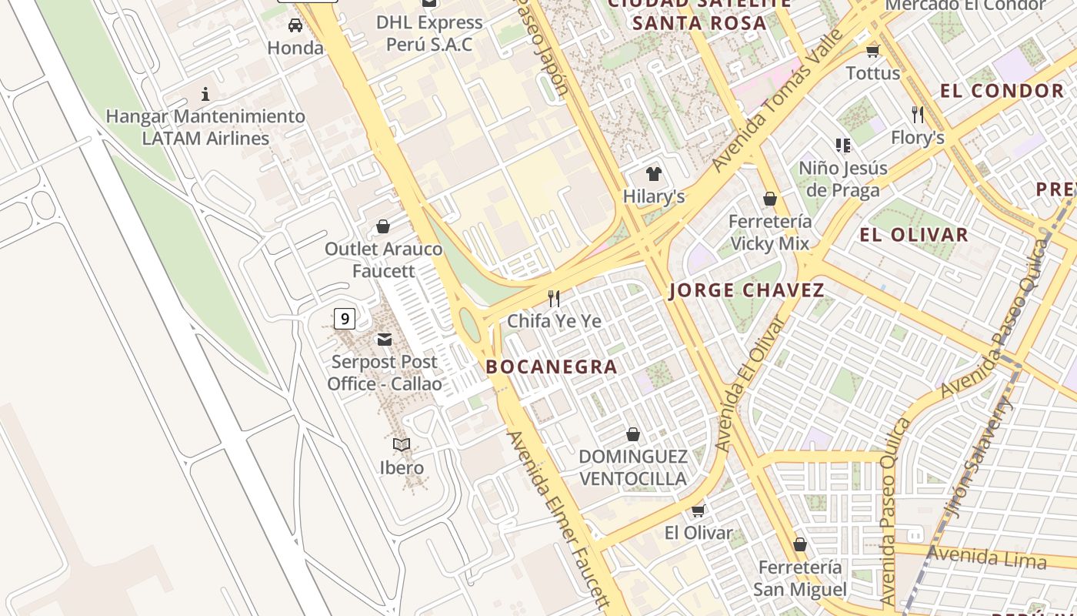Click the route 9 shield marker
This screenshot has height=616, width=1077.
tap(345, 318)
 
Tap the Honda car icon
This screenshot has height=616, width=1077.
tap(295, 25)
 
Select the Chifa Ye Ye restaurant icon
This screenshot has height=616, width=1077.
tap(554, 298)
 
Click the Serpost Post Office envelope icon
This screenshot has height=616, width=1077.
tap(384, 340)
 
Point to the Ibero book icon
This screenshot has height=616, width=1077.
tap(402, 444)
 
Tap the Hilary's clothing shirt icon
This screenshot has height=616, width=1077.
tap(654, 173)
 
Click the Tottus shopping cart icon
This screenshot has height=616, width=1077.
tap(872, 52)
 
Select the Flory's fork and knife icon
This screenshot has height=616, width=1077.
tap(917, 115)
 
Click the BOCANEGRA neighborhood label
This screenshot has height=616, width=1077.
tap(552, 367)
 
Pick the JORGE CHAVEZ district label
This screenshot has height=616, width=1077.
tap(746, 290)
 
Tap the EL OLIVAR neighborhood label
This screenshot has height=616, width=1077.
tap(914, 235)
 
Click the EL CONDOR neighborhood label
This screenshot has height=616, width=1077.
tap(1002, 91)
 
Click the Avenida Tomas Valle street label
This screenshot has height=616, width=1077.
tap(777, 106)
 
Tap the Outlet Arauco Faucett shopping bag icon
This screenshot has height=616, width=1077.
tap(382, 226)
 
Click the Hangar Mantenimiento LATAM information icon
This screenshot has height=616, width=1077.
tap(205, 95)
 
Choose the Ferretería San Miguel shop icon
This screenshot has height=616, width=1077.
tap(800, 544)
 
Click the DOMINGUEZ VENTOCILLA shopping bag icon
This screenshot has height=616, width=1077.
tap(632, 435)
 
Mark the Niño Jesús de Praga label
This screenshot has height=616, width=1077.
tap(843, 179)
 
